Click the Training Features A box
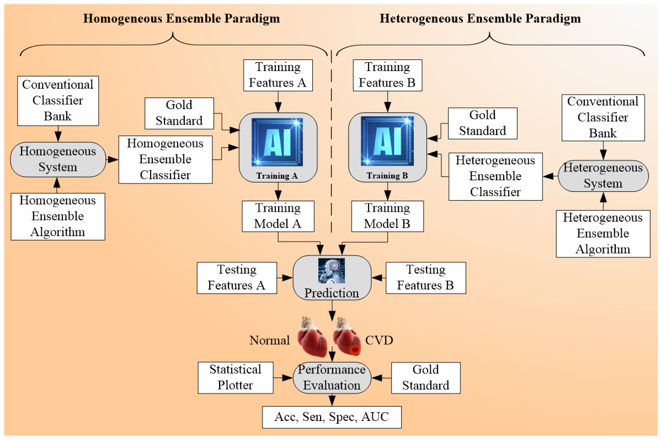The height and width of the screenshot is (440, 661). [x=278, y=75]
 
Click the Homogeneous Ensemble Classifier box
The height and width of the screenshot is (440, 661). [x=165, y=159]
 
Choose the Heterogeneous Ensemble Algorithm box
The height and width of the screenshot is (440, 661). [x=603, y=233]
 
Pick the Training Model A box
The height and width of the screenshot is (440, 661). [x=278, y=216]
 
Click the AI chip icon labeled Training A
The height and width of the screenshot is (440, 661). [x=277, y=142]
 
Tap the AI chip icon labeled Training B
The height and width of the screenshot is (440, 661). [x=387, y=141]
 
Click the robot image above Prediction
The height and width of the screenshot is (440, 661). [x=331, y=271]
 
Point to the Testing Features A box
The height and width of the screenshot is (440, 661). [x=237, y=278]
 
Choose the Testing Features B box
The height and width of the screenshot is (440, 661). [x=426, y=278]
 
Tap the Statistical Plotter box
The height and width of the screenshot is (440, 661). [x=235, y=377]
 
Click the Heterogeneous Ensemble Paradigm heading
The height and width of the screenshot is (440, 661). [x=480, y=19]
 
